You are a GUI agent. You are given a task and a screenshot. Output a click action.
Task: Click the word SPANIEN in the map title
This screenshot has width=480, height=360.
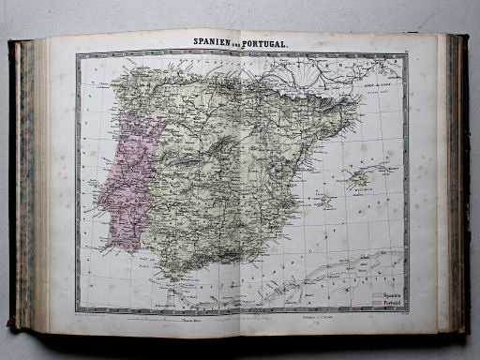coord(212,43)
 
